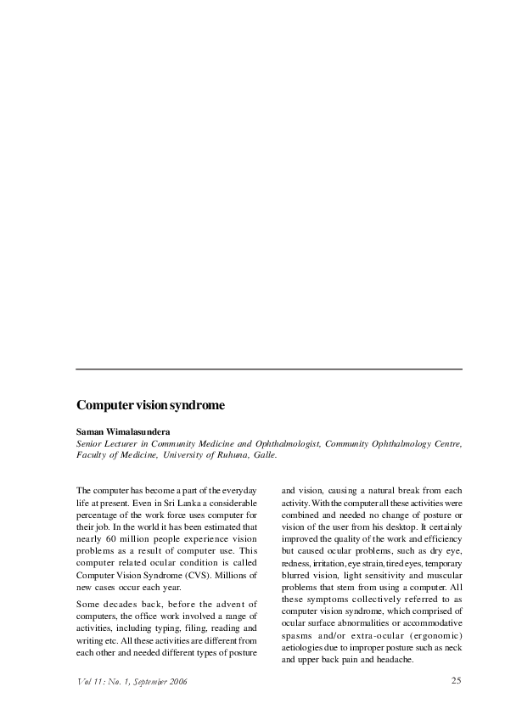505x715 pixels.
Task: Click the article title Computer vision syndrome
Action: pyautogui.click(x=150, y=406)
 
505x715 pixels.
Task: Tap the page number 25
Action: pyautogui.click(x=456, y=680)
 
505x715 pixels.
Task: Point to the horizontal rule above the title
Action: pyautogui.click(x=269, y=369)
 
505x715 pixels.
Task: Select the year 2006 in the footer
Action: pyautogui.click(x=177, y=681)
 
